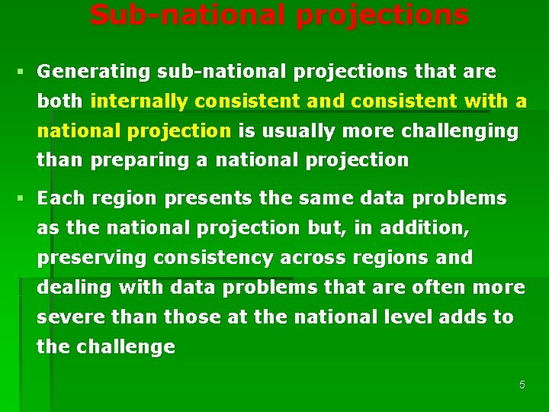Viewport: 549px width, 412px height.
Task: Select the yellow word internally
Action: [x=139, y=101]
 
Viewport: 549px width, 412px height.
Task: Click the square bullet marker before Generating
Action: [x=20, y=72]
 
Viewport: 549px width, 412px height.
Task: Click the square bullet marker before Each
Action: [x=20, y=198]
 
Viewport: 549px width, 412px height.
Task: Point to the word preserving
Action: [x=92, y=258]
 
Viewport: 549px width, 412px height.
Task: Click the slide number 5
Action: [x=522, y=385]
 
